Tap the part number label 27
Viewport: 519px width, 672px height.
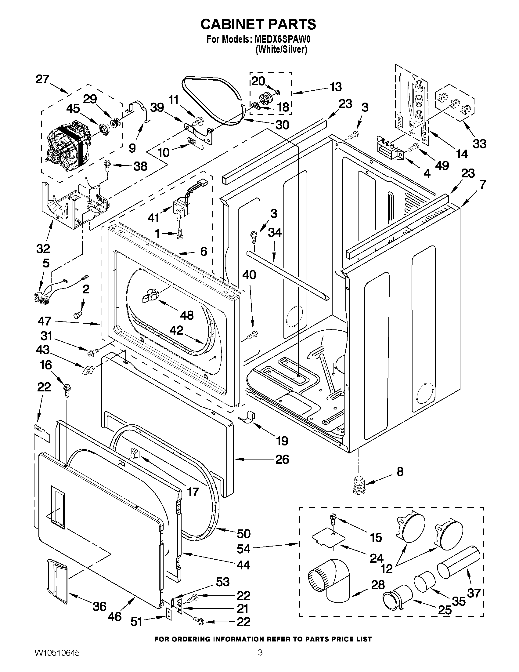click(42, 79)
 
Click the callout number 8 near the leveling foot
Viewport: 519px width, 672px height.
click(400, 471)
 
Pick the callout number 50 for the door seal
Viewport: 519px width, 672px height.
click(243, 533)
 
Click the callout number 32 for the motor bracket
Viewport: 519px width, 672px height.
click(43, 249)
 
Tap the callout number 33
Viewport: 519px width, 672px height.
click(479, 143)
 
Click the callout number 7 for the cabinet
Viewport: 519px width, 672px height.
click(482, 184)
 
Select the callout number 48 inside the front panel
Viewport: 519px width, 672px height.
click(187, 315)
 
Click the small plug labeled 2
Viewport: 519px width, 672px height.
click(78, 314)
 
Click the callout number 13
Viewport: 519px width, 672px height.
click(336, 87)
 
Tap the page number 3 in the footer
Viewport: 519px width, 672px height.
click(260, 660)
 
